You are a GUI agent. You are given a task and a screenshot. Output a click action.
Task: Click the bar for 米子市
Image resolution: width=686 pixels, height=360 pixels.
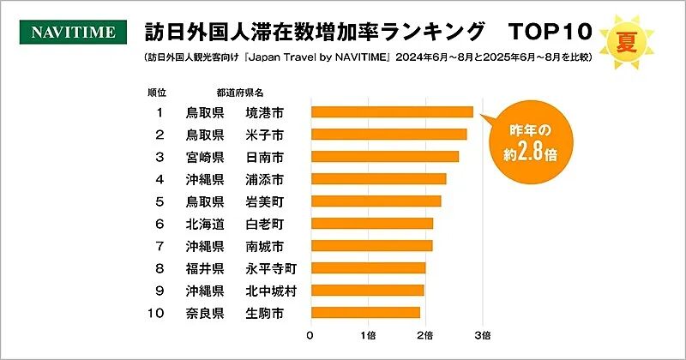(388, 135)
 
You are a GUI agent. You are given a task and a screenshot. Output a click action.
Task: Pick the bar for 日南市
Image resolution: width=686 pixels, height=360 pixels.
(384, 157)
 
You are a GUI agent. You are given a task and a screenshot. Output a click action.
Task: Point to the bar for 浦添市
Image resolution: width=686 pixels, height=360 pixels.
(378, 179)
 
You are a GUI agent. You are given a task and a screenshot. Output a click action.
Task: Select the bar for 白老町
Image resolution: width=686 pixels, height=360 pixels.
(371, 224)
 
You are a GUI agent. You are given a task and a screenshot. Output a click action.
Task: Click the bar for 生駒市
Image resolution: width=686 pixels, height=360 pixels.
(365, 313)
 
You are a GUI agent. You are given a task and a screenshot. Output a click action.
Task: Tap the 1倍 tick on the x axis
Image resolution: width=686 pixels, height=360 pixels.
(368, 334)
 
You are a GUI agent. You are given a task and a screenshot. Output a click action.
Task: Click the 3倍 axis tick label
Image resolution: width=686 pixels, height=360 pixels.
(482, 334)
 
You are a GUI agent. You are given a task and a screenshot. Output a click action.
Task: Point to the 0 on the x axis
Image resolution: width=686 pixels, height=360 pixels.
(310, 334)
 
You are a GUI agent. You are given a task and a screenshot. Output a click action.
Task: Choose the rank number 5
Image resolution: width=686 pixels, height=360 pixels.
(159, 201)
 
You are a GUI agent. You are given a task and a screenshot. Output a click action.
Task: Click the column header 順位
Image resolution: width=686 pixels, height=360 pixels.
(158, 92)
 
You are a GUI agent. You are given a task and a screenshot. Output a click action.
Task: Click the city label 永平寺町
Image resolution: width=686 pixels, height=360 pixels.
(272, 268)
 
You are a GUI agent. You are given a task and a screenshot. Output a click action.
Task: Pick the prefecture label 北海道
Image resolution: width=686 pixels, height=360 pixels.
(205, 224)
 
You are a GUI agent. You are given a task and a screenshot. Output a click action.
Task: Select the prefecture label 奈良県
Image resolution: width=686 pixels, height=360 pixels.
(205, 313)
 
